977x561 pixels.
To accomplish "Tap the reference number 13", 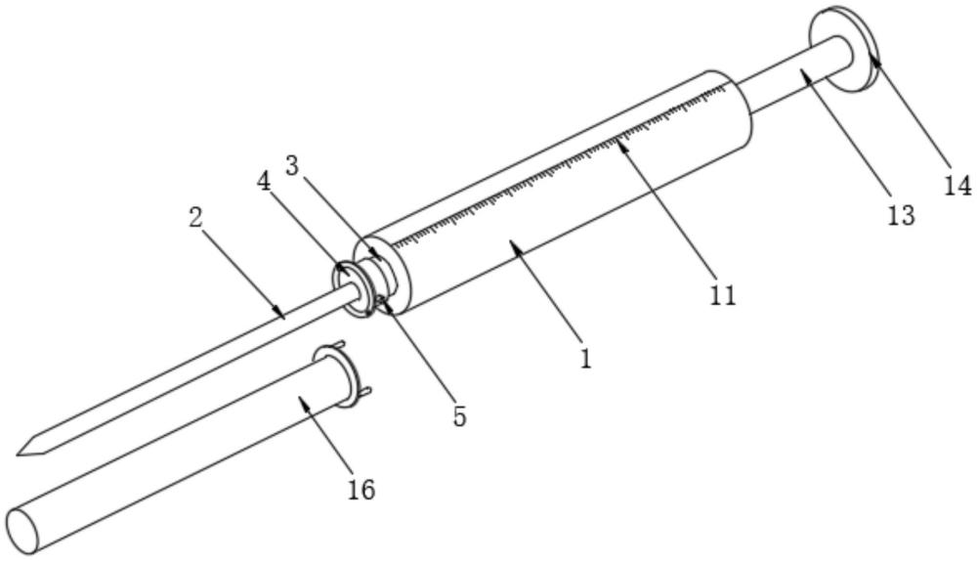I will pos(901,214).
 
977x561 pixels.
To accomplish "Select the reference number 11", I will pos(722,294).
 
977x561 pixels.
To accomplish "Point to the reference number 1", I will pos(585,358).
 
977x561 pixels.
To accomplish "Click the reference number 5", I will pos(459,416).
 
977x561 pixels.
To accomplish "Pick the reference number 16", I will pos(361,489).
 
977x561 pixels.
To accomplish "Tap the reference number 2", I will pos(196,217).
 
